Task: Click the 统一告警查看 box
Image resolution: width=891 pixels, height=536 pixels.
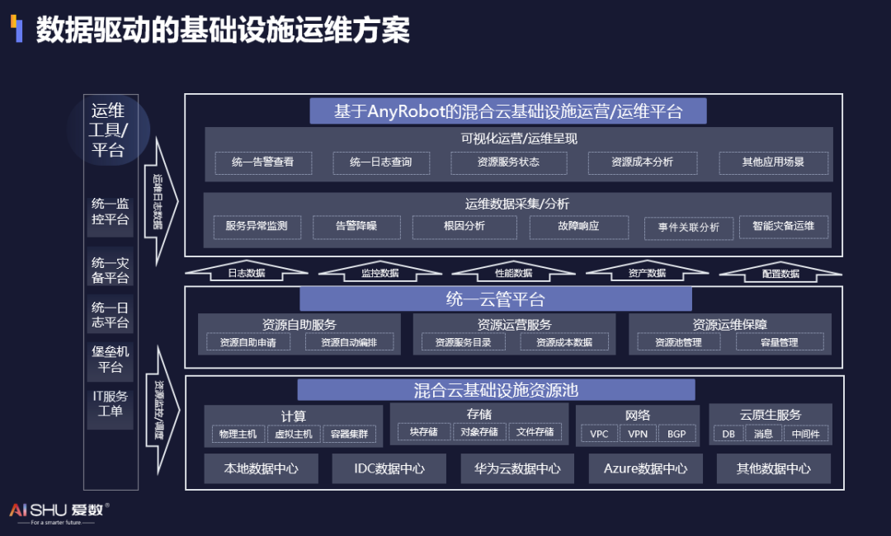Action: point(262,162)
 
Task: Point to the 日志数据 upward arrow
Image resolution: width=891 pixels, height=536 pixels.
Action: point(246,270)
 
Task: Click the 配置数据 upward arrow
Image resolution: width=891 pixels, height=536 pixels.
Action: point(780,271)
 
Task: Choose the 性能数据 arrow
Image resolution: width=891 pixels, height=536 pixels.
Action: point(513,270)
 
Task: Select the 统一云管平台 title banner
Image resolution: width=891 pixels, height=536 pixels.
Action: point(495,300)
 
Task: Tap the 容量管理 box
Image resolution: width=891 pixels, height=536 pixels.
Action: point(779,342)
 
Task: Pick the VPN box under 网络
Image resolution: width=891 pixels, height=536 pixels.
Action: point(638,434)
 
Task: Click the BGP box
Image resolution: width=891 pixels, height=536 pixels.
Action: point(676,434)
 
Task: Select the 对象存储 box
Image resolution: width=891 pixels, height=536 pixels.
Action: point(478,431)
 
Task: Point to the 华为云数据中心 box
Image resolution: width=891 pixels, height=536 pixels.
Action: point(517,468)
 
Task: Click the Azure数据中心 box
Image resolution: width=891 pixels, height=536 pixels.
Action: point(645,468)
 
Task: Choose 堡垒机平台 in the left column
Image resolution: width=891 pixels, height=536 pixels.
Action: point(111,360)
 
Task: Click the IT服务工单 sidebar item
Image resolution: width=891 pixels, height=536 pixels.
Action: point(111,404)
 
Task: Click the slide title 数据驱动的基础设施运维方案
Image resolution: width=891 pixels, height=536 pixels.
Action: point(223,31)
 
